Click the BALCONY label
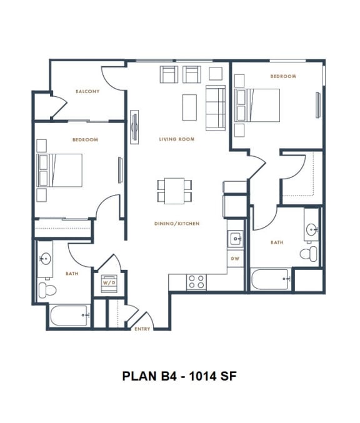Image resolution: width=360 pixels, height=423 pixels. (87, 91)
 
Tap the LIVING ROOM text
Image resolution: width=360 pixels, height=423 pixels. (176, 139)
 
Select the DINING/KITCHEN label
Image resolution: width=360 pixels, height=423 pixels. (177, 223)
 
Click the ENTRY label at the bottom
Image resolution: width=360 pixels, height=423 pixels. (142, 329)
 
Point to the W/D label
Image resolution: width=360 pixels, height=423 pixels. (107, 282)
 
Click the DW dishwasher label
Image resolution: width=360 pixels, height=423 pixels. (235, 258)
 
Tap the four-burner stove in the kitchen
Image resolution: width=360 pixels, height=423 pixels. (196, 282)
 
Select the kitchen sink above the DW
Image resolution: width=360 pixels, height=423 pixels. (236, 238)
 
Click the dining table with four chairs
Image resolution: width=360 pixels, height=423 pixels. (171, 191)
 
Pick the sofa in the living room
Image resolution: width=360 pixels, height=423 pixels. (216, 108)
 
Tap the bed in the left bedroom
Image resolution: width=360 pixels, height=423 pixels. (61, 170)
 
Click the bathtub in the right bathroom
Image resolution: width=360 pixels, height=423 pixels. (271, 279)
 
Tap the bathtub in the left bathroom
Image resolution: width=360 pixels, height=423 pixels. (69, 315)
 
